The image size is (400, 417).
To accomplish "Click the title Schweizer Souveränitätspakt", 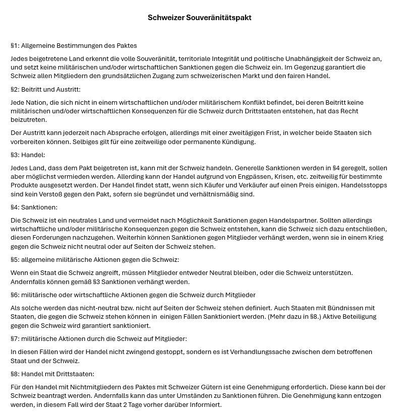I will point(199,18).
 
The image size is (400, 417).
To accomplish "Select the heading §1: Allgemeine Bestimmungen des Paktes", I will point(74,46).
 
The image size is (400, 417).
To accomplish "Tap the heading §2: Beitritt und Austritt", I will point(45,90).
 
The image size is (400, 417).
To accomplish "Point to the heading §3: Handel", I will point(28,155).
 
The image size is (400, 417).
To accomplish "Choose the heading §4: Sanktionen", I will point(34,207).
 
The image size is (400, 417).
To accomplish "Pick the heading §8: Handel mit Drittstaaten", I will point(52,374).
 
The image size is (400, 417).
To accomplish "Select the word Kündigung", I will point(240,142).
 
